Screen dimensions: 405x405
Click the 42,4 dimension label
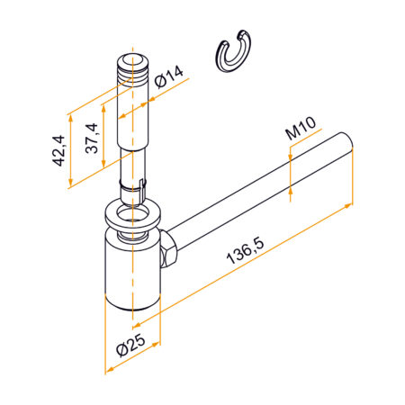58,152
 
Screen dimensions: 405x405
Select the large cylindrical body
130,270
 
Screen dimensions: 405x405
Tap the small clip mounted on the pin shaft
134,187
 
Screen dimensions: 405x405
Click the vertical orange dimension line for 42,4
70,150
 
